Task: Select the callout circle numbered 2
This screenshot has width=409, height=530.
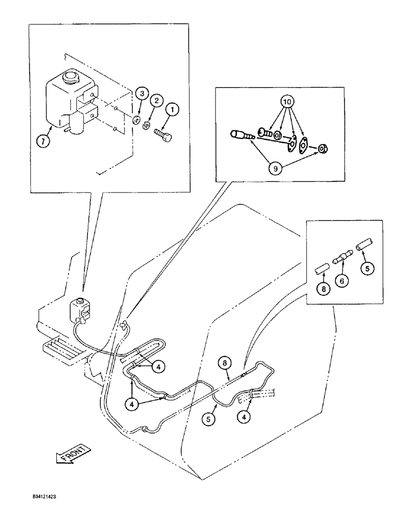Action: coord(156,100)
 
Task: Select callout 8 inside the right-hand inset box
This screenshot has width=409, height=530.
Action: coord(322,289)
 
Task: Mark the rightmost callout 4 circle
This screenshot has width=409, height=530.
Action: coord(245,416)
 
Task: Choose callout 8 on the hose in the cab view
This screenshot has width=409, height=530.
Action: coord(226,364)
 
